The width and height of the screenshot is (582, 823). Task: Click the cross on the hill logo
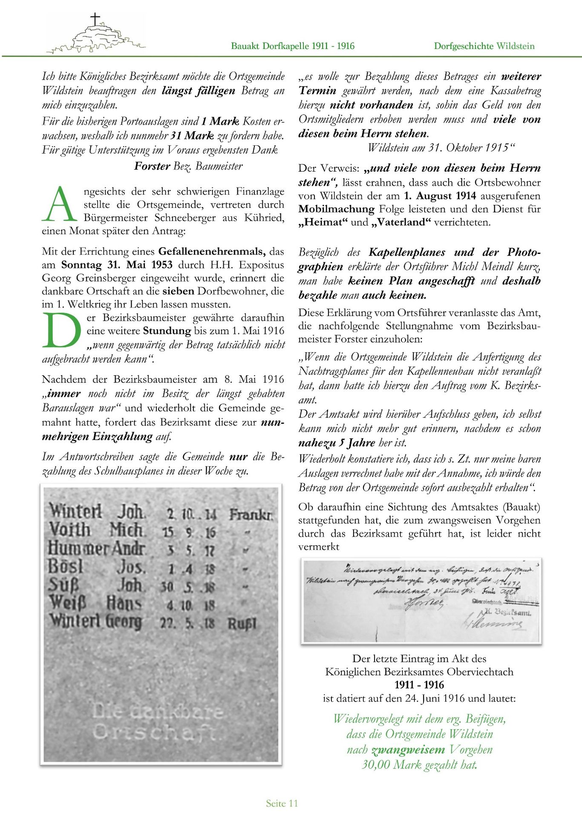point(95,19)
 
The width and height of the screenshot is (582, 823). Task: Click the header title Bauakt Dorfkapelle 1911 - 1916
point(293,46)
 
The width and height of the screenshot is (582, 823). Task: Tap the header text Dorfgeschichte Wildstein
point(484,46)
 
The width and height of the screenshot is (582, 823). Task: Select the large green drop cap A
point(60,204)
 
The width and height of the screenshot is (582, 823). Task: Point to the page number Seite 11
point(282,803)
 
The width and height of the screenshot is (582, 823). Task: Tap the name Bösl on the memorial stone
point(65,567)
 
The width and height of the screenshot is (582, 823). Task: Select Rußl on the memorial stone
point(242,624)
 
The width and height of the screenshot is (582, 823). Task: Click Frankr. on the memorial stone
point(251,515)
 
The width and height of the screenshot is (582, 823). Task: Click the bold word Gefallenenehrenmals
point(212,251)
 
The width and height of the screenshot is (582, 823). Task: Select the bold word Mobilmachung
point(336,209)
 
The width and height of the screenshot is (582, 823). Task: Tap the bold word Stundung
point(167,331)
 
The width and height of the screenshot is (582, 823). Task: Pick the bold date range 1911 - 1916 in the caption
point(419,685)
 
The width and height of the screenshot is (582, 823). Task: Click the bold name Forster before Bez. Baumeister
point(152,166)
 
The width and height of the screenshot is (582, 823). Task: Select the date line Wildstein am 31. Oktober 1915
point(441,148)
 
